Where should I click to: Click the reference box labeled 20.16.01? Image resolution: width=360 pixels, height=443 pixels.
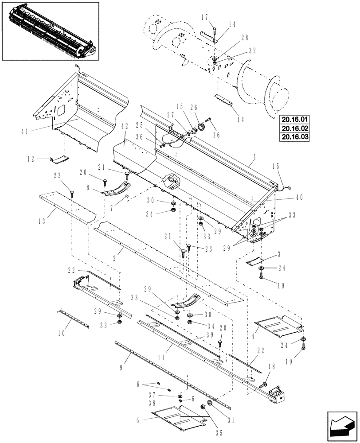(294, 119)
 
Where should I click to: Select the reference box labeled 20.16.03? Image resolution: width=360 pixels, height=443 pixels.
(294, 136)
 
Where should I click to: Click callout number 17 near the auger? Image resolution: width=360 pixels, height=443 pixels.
(205, 18)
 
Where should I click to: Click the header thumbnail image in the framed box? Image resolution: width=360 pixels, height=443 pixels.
(50, 31)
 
